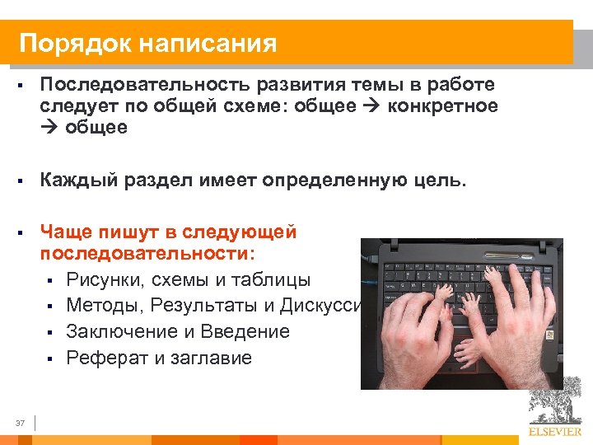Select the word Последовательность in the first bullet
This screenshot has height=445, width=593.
click(x=147, y=86)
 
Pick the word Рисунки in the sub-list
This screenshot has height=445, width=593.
click(x=105, y=279)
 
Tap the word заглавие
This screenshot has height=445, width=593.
click(x=212, y=358)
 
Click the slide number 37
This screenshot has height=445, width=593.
click(x=20, y=423)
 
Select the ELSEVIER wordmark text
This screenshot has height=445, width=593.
click(x=555, y=430)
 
